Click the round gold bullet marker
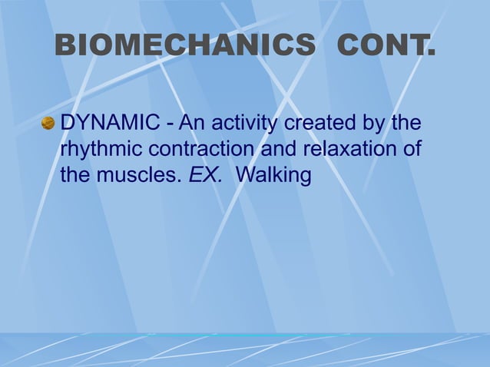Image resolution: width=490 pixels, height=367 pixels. click(48, 123)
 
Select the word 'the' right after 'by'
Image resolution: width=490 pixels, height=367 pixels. click(406, 123)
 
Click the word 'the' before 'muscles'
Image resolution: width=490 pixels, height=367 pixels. click(75, 175)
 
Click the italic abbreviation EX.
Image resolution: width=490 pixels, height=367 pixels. click(206, 175)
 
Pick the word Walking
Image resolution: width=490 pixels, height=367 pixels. click(273, 176)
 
